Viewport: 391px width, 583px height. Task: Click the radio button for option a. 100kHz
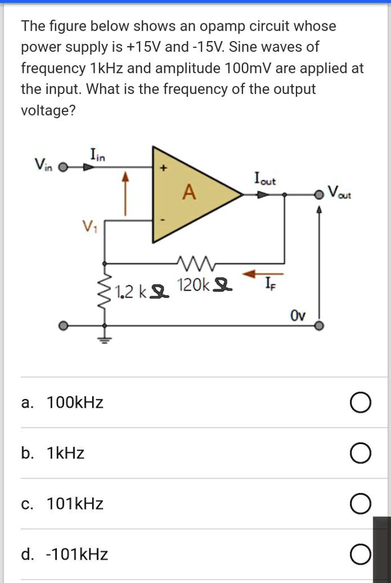[x=361, y=404]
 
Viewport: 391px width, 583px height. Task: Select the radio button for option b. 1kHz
[x=361, y=454]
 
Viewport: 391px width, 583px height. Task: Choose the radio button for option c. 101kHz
[x=361, y=504]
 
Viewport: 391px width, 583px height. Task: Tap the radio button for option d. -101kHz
[x=361, y=555]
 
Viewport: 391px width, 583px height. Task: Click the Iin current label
[x=97, y=153]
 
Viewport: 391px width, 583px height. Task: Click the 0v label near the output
[x=298, y=315]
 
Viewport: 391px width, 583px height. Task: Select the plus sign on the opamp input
[x=163, y=169]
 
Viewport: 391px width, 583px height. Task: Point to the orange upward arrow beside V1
[x=127, y=194]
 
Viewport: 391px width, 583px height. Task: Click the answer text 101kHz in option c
[x=75, y=504]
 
